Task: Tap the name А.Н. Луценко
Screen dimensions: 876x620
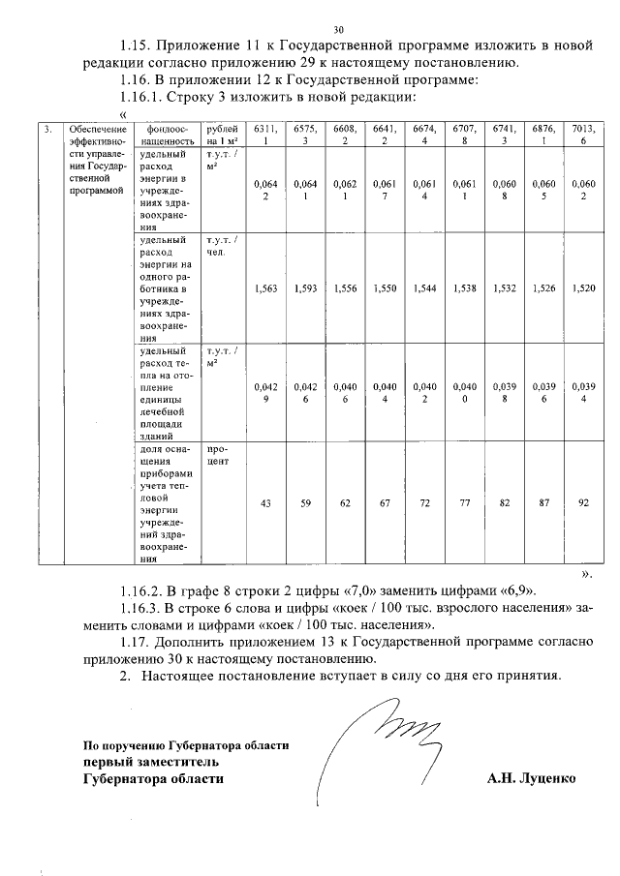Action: [531, 777]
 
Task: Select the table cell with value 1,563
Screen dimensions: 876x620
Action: [264, 288]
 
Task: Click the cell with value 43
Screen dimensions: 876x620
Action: [264, 502]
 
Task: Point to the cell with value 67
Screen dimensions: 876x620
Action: [385, 502]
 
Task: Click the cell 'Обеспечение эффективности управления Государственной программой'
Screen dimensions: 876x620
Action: [91, 160]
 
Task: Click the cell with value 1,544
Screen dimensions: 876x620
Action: [424, 288]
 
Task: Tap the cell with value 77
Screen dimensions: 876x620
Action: [464, 502]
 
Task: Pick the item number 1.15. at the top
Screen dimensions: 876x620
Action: [139, 45]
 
